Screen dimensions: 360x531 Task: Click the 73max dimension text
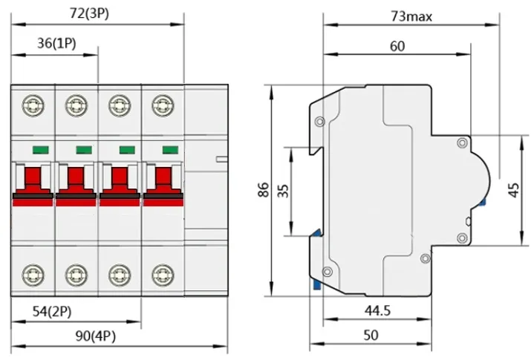[411, 15]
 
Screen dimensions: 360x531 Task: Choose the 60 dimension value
[397, 46]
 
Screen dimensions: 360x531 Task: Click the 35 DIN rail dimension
[283, 191]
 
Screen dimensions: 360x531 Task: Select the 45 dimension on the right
[513, 191]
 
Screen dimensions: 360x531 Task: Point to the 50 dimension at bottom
[371, 335]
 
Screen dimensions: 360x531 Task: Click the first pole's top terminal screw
[32, 105]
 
